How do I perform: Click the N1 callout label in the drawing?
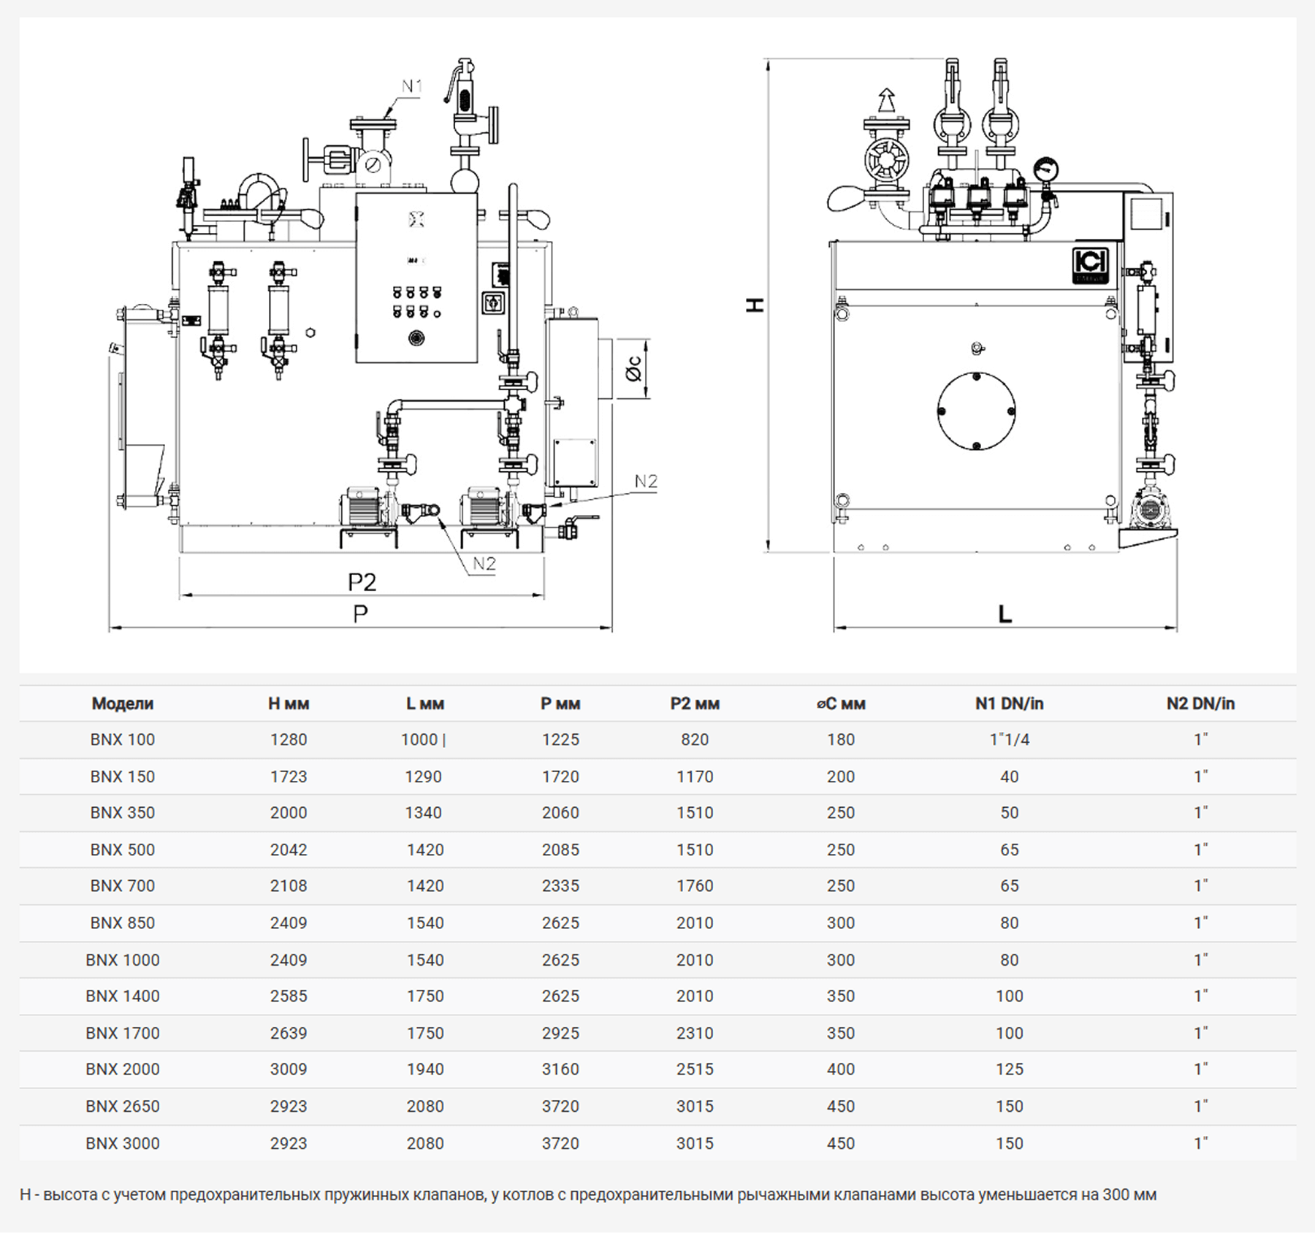(x=412, y=86)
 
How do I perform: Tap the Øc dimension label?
(x=633, y=369)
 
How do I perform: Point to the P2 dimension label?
(x=362, y=582)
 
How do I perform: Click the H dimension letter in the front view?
(x=755, y=304)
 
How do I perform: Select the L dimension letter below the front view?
(x=1005, y=614)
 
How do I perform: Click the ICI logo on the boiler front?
(x=1091, y=264)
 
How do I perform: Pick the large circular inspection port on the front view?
(x=977, y=411)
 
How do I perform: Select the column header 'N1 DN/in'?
(x=1009, y=703)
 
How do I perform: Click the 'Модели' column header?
(x=123, y=703)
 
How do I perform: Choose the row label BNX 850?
(x=123, y=923)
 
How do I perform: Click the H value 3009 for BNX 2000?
(x=289, y=1069)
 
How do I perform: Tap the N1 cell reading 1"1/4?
(x=1009, y=739)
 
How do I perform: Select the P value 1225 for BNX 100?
(x=560, y=739)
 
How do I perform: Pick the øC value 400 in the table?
(x=841, y=1069)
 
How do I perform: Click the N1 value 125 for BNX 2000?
(x=1009, y=1069)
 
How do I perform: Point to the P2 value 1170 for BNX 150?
(x=695, y=776)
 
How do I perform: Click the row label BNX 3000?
(x=123, y=1143)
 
